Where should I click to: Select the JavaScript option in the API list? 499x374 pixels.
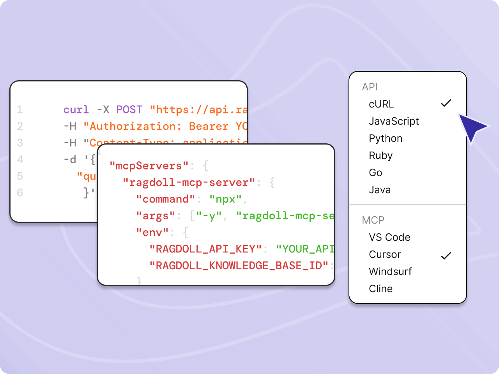[x=394, y=121]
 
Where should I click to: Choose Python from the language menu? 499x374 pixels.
[x=386, y=138]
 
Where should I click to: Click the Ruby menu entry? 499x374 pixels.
[x=380, y=155]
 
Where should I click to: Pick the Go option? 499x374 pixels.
[x=375, y=173]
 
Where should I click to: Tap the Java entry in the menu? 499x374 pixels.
[x=380, y=190]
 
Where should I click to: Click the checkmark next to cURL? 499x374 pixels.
[x=446, y=103]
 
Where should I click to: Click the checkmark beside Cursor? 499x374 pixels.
[x=446, y=256]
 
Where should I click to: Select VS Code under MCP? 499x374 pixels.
[x=389, y=237]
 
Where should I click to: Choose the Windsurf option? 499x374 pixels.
[x=390, y=272]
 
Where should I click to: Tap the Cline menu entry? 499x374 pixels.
[x=380, y=289]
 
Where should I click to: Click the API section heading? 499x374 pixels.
[x=370, y=87]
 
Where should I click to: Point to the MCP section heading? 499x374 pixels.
[x=373, y=220]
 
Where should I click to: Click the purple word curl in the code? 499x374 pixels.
[x=76, y=109]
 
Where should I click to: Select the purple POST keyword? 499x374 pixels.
[x=129, y=109]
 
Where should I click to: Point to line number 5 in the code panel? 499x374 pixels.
[x=20, y=176]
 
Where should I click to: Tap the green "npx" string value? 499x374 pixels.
[x=225, y=199]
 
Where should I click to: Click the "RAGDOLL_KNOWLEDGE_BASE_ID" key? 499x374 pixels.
[x=239, y=266]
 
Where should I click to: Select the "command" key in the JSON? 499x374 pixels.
[x=165, y=199]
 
